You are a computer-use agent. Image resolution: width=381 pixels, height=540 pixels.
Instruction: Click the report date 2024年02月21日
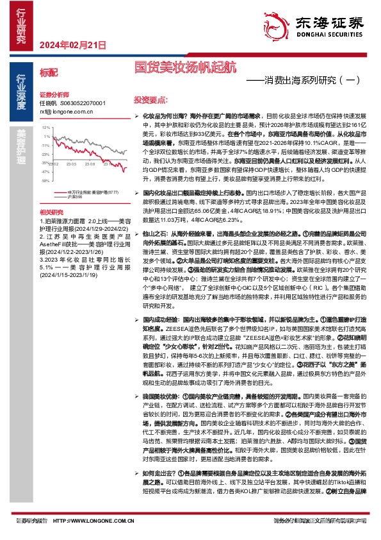point(72,45)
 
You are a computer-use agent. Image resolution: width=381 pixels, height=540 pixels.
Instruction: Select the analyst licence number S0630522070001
point(82,103)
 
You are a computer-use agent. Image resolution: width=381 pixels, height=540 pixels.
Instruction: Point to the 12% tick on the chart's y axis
point(45,128)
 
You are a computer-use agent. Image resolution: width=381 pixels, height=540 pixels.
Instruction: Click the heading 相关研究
point(51,211)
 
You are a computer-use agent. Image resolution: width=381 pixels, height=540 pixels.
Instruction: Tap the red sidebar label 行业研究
point(21,26)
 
